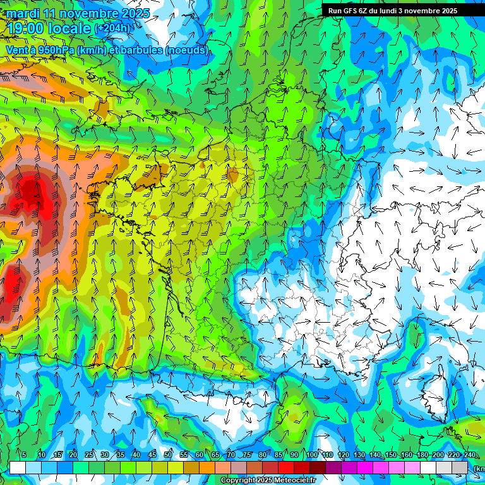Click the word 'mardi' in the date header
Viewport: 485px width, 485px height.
(22, 13)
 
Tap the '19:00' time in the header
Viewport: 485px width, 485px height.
(26, 28)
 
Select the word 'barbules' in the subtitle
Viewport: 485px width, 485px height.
(138, 50)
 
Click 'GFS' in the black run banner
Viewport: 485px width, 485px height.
(352, 11)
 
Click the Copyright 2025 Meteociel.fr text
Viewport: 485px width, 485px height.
(267, 481)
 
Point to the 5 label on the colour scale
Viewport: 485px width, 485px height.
(24, 455)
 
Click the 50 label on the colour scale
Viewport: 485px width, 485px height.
(168, 455)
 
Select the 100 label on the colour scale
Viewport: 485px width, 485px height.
(312, 455)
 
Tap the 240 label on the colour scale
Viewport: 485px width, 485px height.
(470, 455)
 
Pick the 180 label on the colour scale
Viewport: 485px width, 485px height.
(422, 455)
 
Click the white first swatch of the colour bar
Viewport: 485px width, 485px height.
(18, 467)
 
